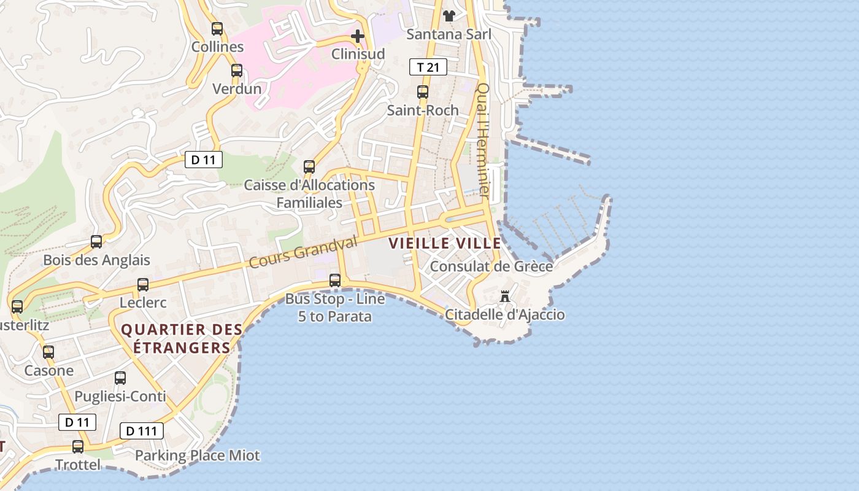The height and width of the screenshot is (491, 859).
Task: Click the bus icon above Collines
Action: click(217, 28)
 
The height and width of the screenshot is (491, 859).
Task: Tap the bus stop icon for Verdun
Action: click(237, 71)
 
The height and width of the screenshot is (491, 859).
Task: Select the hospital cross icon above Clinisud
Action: click(358, 36)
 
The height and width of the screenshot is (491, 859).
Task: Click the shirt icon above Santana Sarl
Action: click(449, 16)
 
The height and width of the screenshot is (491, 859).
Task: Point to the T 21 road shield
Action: click(428, 67)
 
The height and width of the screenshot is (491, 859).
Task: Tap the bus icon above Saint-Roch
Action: click(423, 92)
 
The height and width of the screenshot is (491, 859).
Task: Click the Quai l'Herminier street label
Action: click(483, 141)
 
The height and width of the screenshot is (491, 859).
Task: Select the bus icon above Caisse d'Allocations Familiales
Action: click(309, 166)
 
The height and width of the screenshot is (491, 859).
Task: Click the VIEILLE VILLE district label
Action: click(445, 243)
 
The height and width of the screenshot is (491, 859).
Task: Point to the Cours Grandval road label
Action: click(302, 253)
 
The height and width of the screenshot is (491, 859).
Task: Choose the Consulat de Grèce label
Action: click(491, 266)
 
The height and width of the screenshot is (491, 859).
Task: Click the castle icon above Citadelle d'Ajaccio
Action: click(505, 297)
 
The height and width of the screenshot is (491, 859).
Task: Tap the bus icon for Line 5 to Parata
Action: click(335, 280)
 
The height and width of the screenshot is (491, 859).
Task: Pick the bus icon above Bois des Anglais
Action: click(96, 242)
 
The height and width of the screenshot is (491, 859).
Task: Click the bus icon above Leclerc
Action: click(143, 284)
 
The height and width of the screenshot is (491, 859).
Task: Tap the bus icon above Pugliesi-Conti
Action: click(120, 378)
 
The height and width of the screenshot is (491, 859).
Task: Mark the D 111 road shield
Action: click(142, 431)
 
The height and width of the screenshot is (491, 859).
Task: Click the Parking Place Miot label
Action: click(198, 455)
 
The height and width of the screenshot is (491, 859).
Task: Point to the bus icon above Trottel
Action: click(78, 447)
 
